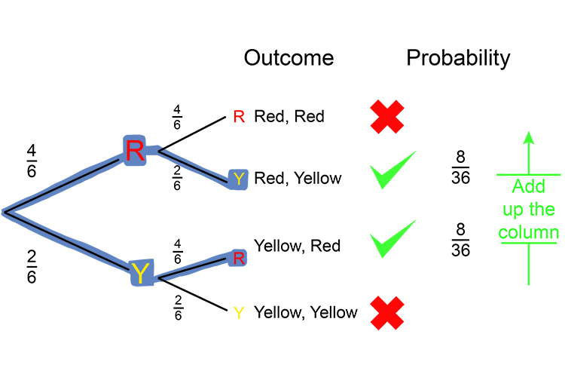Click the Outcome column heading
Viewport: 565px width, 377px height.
coord(289,58)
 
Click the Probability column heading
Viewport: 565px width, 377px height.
coord(458,58)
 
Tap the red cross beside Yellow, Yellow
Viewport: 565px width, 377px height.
coord(388,312)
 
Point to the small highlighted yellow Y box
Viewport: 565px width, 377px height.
coord(238,179)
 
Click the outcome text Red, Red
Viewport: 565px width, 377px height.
coord(289,116)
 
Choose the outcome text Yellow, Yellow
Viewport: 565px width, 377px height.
coord(306,311)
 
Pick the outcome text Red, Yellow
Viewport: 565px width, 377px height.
coord(298,179)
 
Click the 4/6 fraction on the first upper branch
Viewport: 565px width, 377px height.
coord(32,161)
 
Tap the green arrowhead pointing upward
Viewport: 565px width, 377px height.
coord(528,137)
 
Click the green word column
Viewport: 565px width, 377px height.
coord(528,233)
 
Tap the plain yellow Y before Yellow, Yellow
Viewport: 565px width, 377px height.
coord(238,312)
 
